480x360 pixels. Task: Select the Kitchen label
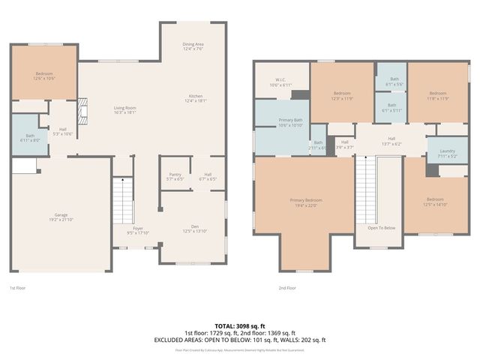[196, 97]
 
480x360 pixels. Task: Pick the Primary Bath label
[290, 122]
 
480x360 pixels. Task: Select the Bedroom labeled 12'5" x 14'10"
[435, 201]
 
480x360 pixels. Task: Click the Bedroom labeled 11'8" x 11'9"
[437, 95]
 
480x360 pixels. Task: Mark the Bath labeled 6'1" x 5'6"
[391, 82]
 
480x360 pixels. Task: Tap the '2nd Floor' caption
[287, 288]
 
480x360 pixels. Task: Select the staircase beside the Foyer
[122, 200]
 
